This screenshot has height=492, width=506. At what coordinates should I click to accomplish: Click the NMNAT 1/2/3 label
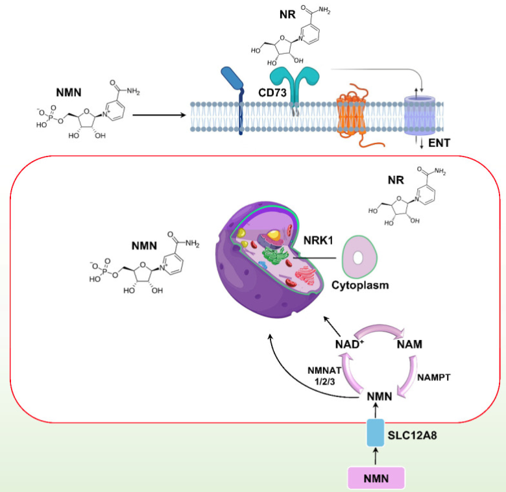pos(315,375)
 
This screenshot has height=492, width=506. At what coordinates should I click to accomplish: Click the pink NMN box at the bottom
pos(376,477)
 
